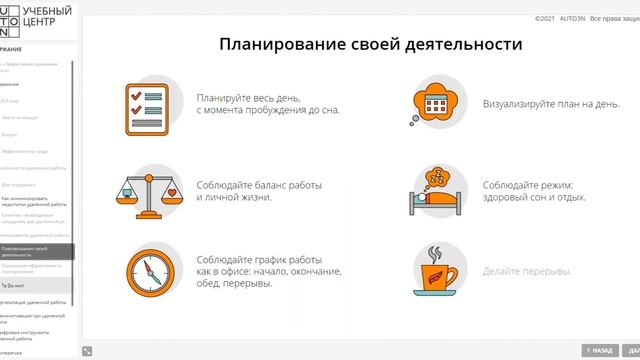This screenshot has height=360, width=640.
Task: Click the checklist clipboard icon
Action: tap(141, 103)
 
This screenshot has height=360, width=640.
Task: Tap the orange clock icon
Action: tap(141, 269)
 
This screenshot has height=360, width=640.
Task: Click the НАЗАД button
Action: tap(598, 351)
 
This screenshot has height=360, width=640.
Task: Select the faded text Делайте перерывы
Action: tap(527, 272)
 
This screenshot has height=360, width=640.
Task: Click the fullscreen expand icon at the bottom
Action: tap(88, 351)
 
